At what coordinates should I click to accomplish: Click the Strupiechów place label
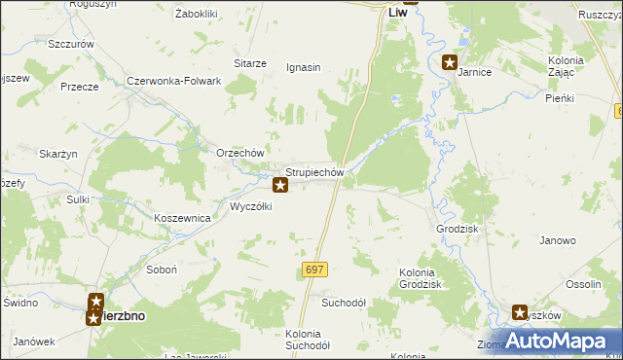315,172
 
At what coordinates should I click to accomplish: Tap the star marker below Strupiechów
280,184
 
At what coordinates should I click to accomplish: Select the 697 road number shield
314,269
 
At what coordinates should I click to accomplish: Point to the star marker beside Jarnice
449,63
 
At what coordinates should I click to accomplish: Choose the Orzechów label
240,154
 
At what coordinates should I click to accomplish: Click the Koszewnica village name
183,219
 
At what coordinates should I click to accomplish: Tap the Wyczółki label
251,206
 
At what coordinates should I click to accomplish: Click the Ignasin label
303,67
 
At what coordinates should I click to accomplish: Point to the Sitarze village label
249,63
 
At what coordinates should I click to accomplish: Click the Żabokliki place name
196,14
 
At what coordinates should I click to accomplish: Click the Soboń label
160,270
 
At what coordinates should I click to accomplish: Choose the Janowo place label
558,240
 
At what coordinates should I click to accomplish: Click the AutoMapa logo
558,342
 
